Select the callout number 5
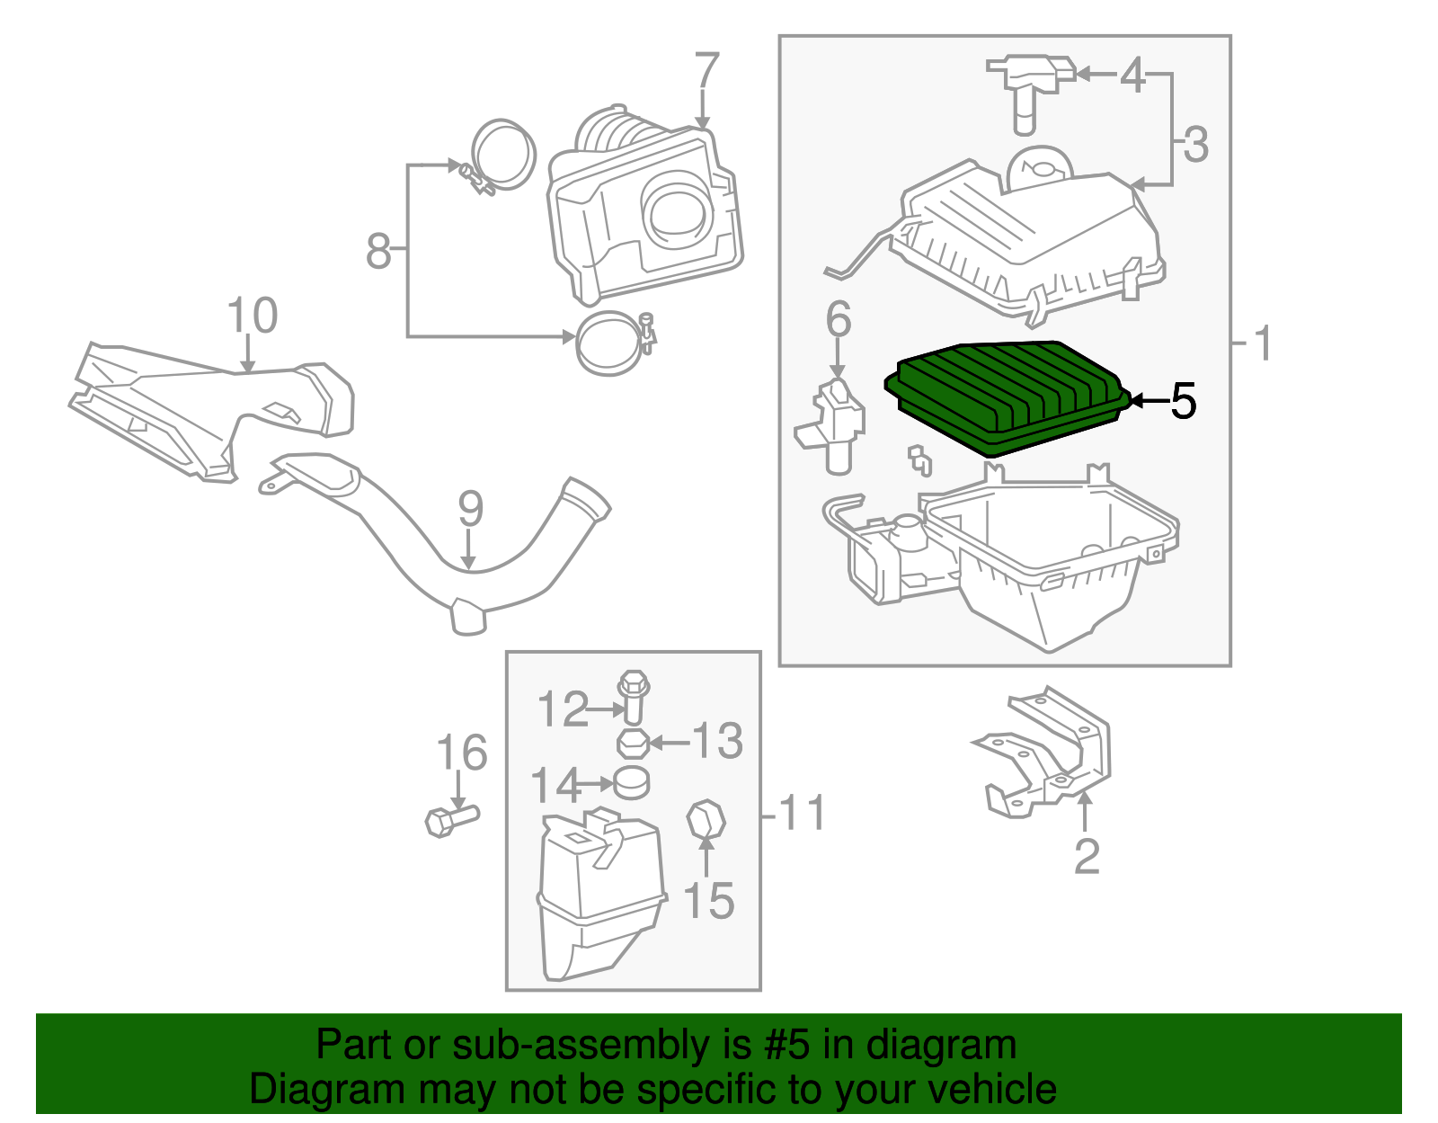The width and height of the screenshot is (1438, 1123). click(x=1183, y=401)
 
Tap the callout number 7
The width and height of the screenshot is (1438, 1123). click(x=707, y=71)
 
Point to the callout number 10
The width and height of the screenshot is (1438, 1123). click(x=253, y=316)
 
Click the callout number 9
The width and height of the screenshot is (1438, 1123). click(x=470, y=509)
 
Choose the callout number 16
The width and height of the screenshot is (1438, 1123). click(x=461, y=753)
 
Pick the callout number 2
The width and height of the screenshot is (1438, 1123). click(x=1087, y=857)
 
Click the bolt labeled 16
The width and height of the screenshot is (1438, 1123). click(x=450, y=819)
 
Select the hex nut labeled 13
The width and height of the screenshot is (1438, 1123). click(x=633, y=744)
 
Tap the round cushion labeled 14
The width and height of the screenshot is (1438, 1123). click(x=632, y=783)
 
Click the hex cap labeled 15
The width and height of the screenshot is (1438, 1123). click(x=706, y=819)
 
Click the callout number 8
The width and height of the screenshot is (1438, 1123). click(x=378, y=251)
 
